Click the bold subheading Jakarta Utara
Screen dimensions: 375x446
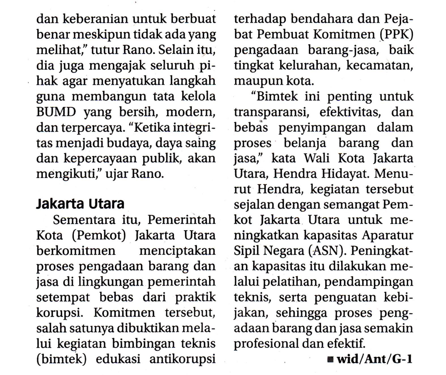[80, 204]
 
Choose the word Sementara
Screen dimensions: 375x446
[84, 220]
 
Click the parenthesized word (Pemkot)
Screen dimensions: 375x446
[99, 235]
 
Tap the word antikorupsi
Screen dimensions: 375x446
[182, 359]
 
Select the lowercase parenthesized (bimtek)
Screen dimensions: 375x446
[61, 359]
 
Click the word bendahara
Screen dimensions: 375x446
[321, 19]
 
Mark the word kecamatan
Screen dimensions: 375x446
[379, 66]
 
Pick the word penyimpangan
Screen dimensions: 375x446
[322, 128]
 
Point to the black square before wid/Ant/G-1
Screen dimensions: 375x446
[330, 359]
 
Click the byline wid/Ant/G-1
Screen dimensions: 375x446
[374, 359]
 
